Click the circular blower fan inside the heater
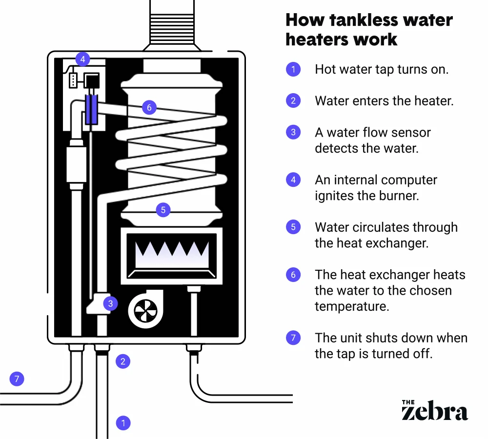[x=145, y=311]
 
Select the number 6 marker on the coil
[x=149, y=108]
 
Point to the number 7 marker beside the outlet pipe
[x=17, y=378]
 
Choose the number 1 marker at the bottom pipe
[x=123, y=422]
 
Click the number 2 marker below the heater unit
[x=123, y=361]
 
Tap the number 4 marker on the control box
[x=82, y=60]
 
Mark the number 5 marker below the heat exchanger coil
[x=163, y=210]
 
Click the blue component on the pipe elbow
[x=91, y=109]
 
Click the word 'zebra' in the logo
[x=434, y=412]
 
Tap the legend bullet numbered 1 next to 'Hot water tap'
[x=293, y=69]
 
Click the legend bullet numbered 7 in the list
[x=293, y=338]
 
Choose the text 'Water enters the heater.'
[x=384, y=101]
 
